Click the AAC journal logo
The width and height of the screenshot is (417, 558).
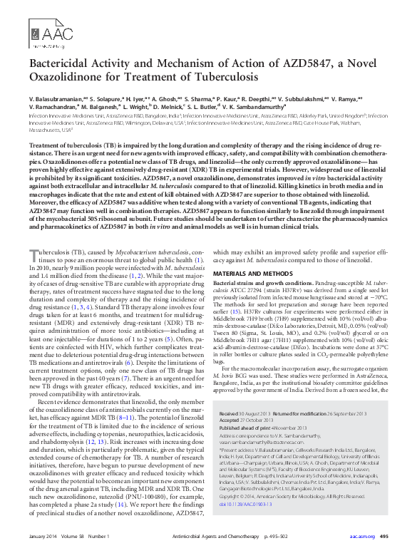click(52, 32)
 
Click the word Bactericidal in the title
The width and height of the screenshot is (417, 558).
click(63, 66)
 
